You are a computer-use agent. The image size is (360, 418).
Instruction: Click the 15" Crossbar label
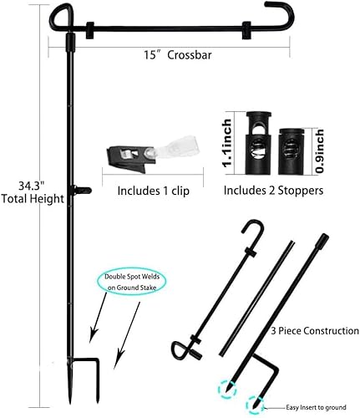point(171,55)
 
